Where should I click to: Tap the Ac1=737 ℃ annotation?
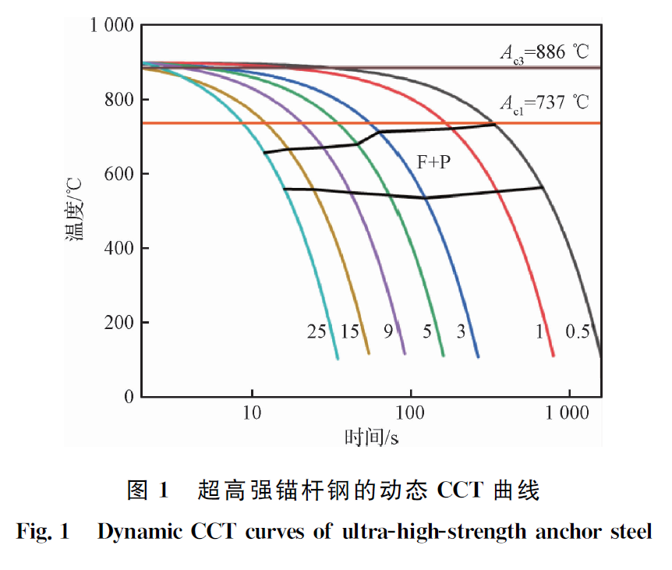click(545, 102)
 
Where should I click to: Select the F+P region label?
click(433, 162)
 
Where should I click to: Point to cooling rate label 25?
click(317, 331)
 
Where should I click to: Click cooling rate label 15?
click(349, 331)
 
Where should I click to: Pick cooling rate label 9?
click(387, 331)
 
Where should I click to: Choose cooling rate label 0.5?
click(578, 331)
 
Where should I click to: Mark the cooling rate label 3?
click(461, 331)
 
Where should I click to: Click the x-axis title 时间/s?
click(372, 437)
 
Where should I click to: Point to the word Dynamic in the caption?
click(140, 533)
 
